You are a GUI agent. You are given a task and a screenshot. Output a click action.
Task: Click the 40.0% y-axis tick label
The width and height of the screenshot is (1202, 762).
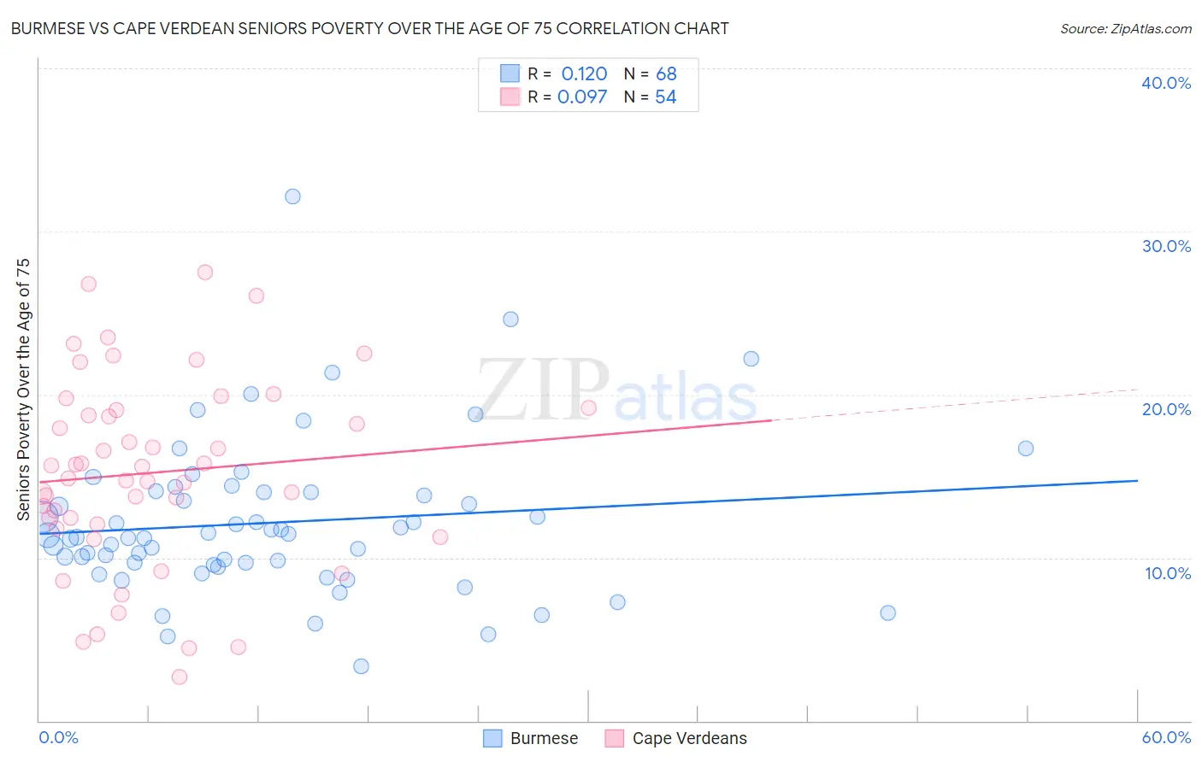click(x=1166, y=83)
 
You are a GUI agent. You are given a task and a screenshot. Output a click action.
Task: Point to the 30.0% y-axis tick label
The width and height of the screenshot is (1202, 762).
click(x=1166, y=246)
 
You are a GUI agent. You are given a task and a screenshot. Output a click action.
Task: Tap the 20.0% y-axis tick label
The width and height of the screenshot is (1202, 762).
click(x=1166, y=409)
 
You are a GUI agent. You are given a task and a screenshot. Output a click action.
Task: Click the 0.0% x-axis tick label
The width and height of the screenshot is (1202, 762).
click(x=58, y=737)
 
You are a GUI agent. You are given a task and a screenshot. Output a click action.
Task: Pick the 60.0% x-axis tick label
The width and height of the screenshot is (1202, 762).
click(x=1166, y=737)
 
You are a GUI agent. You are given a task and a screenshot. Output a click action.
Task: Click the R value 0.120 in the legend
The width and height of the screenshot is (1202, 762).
click(x=584, y=74)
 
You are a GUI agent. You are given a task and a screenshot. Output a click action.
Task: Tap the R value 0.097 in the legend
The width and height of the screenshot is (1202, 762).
click(x=582, y=97)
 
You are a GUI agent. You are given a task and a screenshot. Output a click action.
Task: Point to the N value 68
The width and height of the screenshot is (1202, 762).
click(x=666, y=74)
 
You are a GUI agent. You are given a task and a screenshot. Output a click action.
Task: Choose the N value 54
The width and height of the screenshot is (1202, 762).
click(x=665, y=97)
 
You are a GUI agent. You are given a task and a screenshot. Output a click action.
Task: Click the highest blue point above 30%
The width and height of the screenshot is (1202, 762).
click(x=292, y=196)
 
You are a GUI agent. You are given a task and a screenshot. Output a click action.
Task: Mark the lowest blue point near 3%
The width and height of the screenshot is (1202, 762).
click(x=361, y=666)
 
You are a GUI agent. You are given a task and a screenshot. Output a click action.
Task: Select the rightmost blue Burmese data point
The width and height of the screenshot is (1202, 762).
click(x=1026, y=448)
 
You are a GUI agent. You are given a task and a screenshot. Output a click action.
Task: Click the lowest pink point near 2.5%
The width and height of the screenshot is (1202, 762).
click(x=180, y=677)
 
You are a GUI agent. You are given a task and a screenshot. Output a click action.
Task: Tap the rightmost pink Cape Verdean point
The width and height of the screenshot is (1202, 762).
click(x=588, y=407)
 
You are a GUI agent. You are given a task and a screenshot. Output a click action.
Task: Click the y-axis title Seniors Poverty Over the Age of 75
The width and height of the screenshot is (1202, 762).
click(x=24, y=390)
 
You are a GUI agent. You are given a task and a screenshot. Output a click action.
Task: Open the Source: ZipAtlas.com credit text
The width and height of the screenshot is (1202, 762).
click(x=1125, y=29)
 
